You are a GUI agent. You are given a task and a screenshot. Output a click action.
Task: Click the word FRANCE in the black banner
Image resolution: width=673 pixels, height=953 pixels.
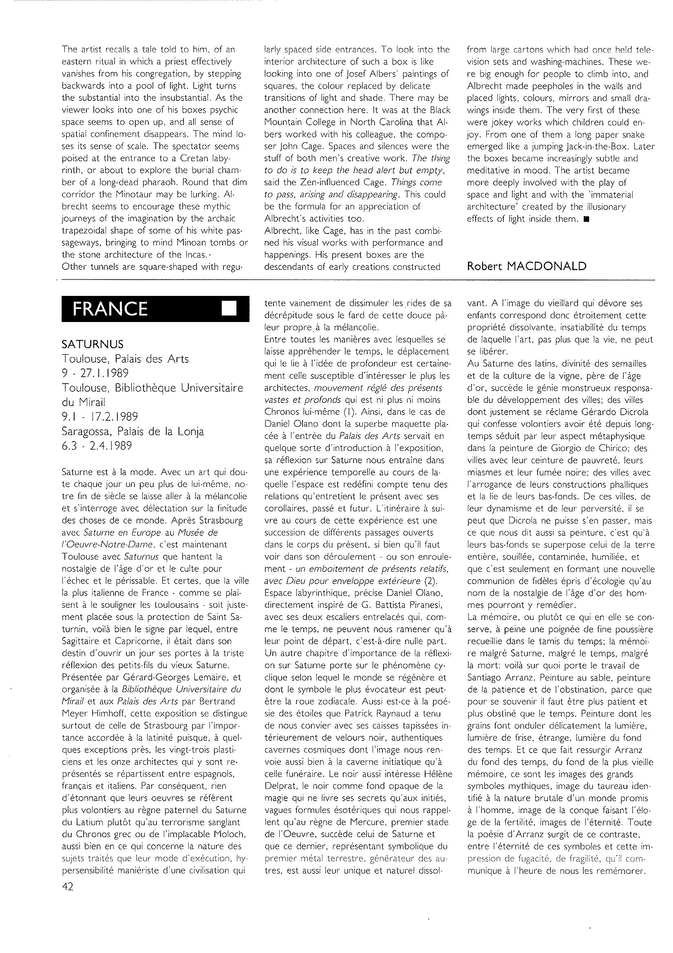click(110, 309)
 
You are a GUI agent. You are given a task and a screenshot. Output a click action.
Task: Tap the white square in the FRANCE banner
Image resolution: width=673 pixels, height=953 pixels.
click(229, 309)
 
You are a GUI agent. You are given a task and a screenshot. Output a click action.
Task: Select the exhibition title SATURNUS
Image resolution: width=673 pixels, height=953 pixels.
click(93, 344)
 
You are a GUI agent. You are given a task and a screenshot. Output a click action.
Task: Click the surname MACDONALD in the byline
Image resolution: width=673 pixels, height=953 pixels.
click(545, 267)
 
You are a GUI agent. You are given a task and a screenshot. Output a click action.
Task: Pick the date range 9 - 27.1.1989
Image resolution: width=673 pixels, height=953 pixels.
click(95, 373)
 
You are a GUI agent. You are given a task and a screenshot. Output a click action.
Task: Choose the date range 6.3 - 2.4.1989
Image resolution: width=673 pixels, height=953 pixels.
click(97, 446)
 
